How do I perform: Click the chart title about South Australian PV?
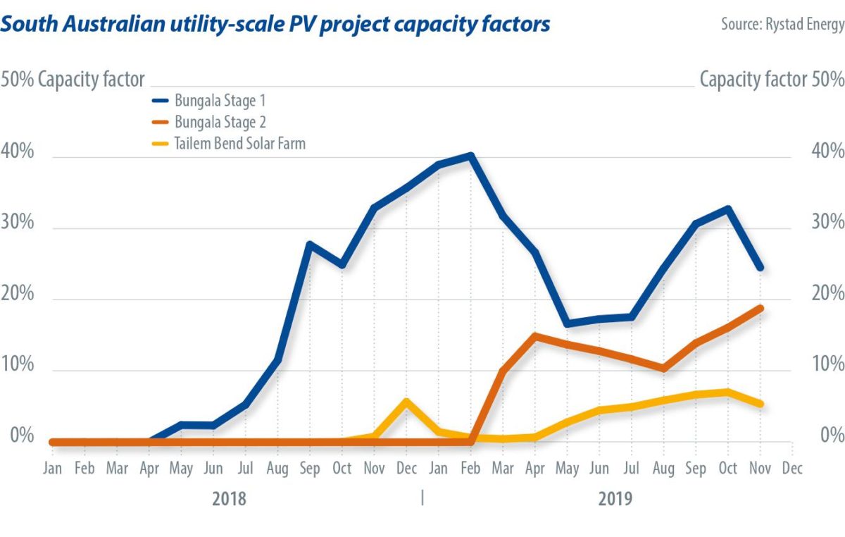(x=275, y=24)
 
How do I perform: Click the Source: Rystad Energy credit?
(x=782, y=24)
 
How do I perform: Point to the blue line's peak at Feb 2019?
(x=470, y=156)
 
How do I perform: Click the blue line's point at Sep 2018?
(x=309, y=244)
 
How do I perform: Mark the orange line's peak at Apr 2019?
(x=535, y=335)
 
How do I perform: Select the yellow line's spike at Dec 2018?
(x=406, y=401)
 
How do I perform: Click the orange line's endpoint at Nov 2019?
(x=760, y=308)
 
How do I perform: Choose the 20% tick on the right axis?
(x=827, y=293)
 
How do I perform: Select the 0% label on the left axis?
(x=17, y=436)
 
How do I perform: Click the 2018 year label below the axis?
(x=229, y=500)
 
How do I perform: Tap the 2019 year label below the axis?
(x=615, y=500)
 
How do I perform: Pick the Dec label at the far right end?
(x=792, y=469)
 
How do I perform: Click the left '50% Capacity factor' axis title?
(x=73, y=79)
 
